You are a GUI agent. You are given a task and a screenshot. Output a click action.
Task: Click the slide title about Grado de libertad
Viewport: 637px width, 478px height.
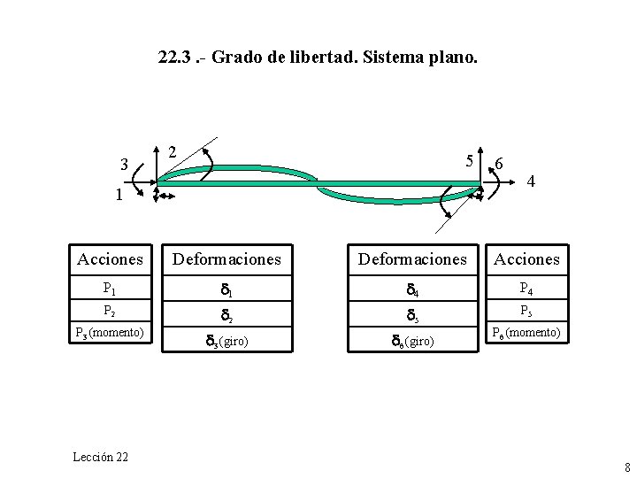coord(318,58)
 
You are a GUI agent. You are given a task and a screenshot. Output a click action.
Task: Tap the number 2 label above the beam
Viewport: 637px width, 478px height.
coord(173,150)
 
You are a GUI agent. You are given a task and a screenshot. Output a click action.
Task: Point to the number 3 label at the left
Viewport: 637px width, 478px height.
coord(126,165)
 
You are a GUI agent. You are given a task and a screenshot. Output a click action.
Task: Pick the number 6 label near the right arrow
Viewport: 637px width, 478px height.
coord(500,164)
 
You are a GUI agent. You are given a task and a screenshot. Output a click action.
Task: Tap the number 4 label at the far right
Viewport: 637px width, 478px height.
coord(532,181)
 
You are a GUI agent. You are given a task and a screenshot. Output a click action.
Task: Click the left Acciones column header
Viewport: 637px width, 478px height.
coord(110,259)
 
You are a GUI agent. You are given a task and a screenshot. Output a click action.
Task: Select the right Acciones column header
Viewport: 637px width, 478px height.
coord(526,259)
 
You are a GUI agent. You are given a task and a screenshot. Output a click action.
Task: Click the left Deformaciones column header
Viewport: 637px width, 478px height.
coord(226,259)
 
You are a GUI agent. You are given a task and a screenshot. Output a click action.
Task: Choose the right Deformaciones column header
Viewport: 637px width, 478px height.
coord(411,259)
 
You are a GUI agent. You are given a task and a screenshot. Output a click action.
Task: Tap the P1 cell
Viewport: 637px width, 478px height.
coord(110,288)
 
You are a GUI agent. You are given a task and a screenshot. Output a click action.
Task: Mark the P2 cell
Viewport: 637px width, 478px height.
coord(110,311)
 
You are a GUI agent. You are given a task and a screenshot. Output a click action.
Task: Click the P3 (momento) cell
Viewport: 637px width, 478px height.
coord(110,333)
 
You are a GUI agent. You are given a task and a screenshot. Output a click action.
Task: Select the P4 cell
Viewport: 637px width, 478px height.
coord(526,288)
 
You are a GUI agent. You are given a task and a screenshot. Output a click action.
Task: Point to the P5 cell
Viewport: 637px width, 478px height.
coord(526,311)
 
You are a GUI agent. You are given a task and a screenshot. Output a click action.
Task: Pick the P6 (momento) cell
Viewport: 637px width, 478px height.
coord(526,333)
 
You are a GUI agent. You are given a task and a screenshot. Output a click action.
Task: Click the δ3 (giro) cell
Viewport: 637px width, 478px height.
coord(226,340)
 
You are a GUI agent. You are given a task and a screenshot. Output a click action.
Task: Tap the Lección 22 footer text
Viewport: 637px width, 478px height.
coord(101,457)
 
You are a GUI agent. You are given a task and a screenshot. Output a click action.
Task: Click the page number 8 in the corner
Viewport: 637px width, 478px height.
coord(626,467)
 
